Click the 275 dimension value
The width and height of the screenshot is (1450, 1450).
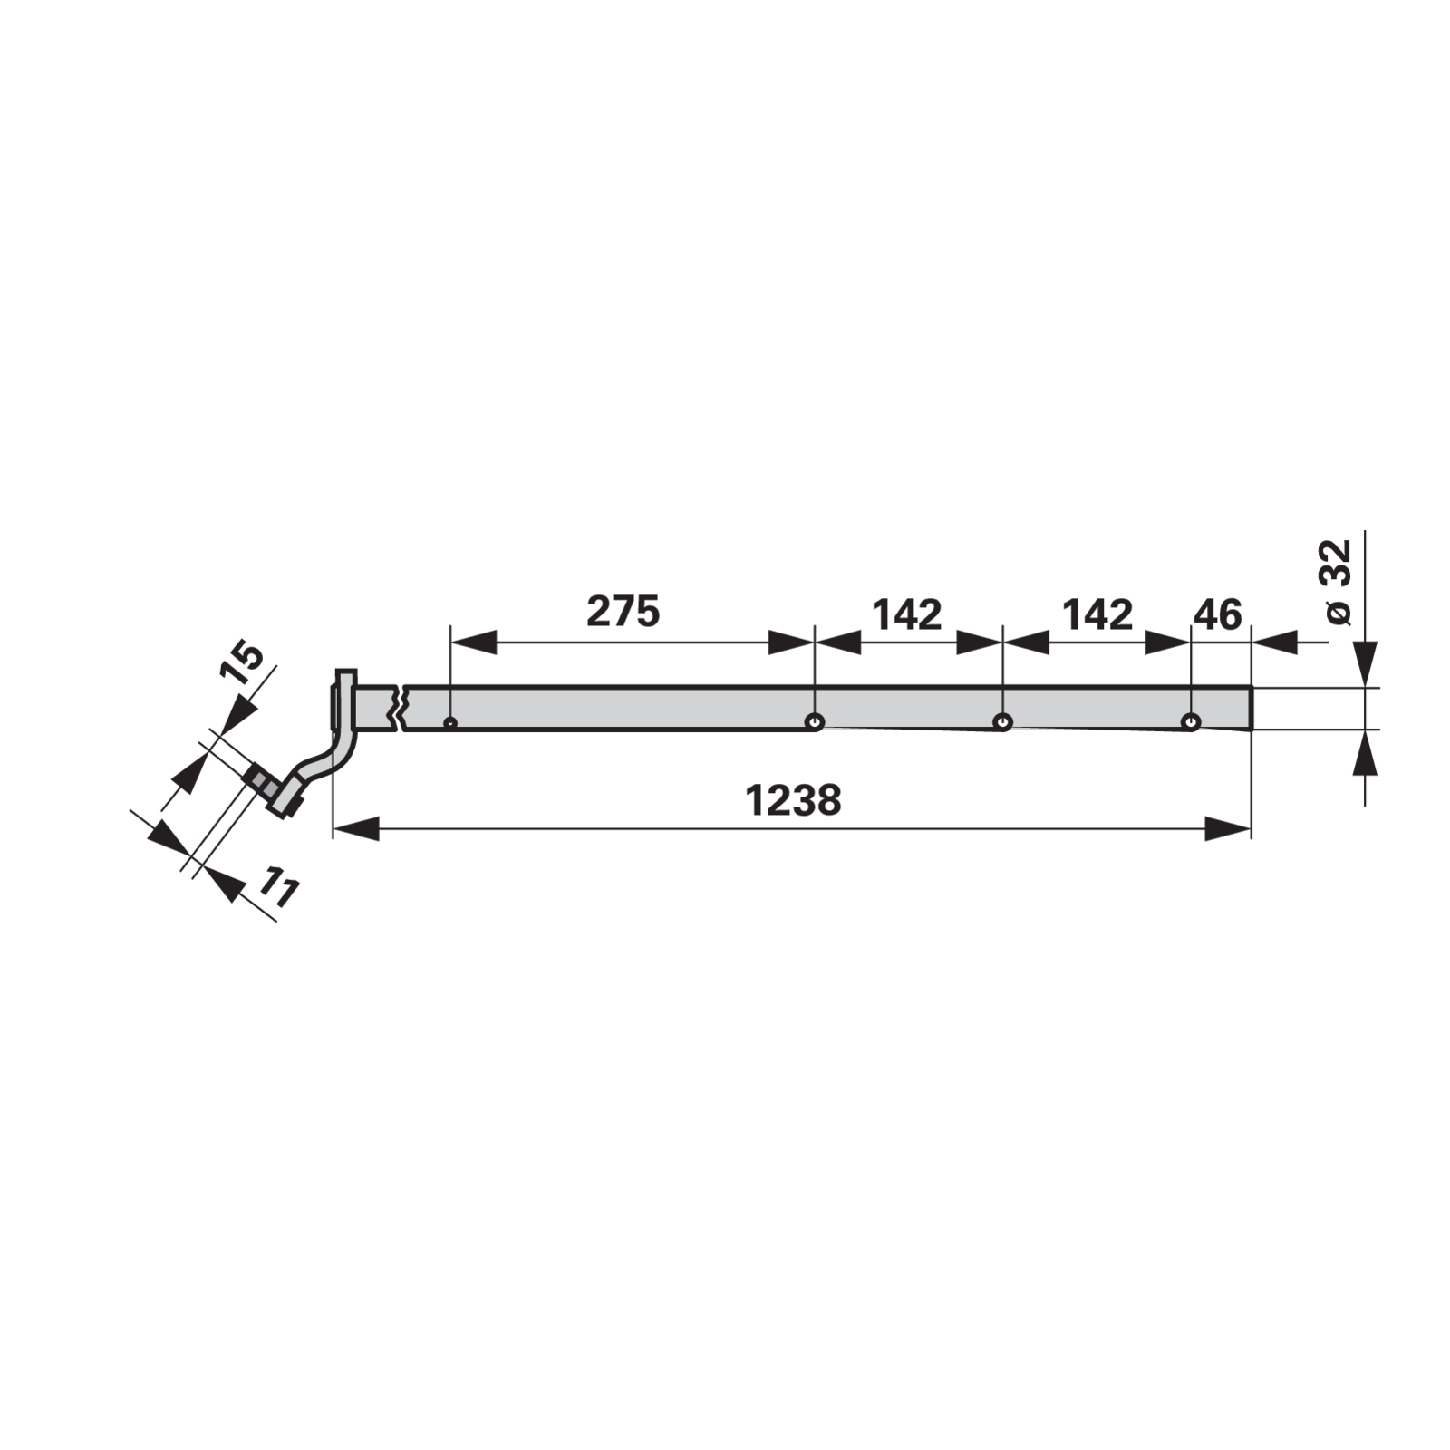click(x=623, y=612)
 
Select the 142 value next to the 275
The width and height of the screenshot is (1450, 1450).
click(x=907, y=615)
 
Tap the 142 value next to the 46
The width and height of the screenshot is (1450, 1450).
click(x=1097, y=615)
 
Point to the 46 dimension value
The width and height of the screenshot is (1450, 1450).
click(x=1218, y=615)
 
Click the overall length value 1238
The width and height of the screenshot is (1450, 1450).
click(x=793, y=800)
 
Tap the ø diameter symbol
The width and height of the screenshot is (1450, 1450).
click(x=1339, y=613)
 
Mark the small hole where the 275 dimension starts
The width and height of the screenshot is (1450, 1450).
click(x=449, y=723)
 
